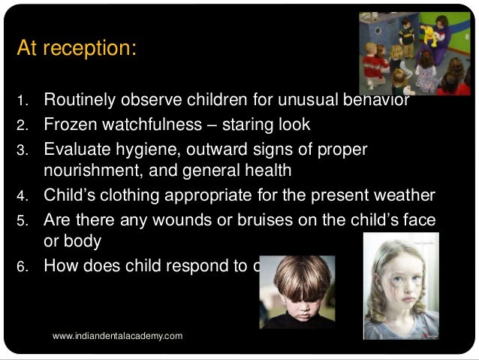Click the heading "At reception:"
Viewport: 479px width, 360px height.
(76, 49)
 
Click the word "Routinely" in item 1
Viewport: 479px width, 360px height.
(79, 99)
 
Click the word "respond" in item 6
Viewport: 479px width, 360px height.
(198, 265)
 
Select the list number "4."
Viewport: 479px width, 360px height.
(22, 197)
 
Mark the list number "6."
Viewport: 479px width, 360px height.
(22, 266)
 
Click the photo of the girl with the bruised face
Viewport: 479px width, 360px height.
(401, 286)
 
